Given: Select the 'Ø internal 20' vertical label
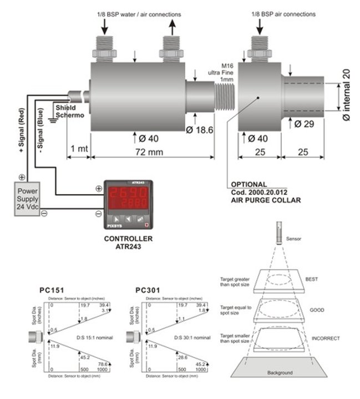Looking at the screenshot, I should [x=347, y=94].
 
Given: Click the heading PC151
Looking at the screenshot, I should [x=53, y=290].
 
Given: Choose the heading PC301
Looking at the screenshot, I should [x=148, y=290].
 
